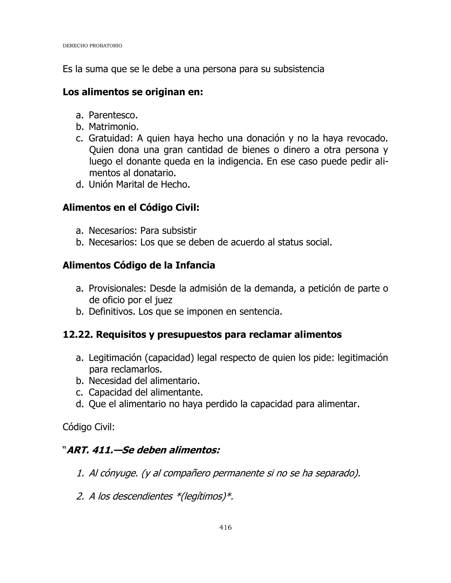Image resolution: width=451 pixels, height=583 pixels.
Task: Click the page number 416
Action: pyautogui.click(x=225, y=528)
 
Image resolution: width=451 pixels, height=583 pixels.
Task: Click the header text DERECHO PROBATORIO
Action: pyautogui.click(x=92, y=46)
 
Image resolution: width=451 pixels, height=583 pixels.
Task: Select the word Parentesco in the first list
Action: pyautogui.click(x=113, y=115)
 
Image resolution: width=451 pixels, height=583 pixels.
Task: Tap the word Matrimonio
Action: pyautogui.click(x=114, y=127)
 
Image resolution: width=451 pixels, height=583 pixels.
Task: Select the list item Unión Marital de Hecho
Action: pyautogui.click(x=139, y=184)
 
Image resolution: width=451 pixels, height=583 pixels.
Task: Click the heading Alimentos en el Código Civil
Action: pyautogui.click(x=131, y=208)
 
